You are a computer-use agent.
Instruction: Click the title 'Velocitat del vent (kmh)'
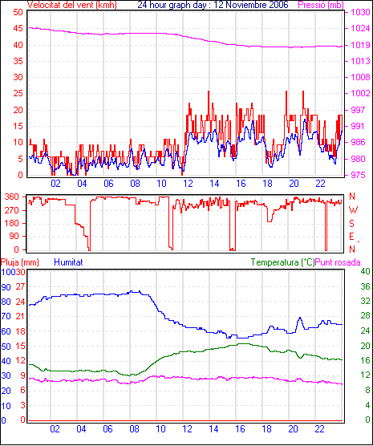(x=72, y=5)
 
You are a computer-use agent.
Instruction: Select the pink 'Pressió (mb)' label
(x=321, y=5)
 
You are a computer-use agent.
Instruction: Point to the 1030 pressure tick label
(x=360, y=12)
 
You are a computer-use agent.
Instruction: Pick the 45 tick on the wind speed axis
(x=18, y=28)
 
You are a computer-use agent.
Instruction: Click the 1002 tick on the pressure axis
(x=360, y=93)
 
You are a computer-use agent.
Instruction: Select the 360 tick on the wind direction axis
(x=12, y=197)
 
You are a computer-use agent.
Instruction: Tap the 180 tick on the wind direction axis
(x=12, y=223)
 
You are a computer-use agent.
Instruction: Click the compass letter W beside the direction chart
(x=353, y=210)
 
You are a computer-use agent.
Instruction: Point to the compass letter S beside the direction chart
(x=352, y=224)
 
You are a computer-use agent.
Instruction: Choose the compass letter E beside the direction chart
(x=351, y=237)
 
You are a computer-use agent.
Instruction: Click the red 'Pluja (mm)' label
(x=20, y=262)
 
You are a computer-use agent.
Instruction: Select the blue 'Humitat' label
(x=68, y=262)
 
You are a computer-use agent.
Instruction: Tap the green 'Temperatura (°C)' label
(x=283, y=262)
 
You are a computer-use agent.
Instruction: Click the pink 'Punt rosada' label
(x=338, y=262)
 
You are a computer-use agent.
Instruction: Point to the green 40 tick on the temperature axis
(x=365, y=271)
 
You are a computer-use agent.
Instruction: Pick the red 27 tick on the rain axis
(x=21, y=286)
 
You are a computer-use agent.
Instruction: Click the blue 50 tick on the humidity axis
(x=6, y=347)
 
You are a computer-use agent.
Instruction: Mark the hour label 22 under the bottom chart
(x=319, y=428)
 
